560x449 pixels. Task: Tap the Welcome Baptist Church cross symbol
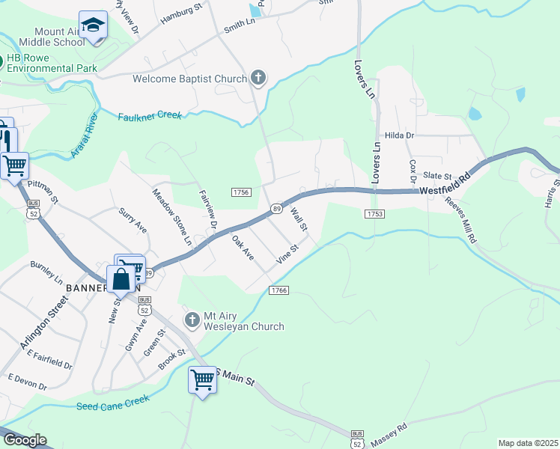(258, 78)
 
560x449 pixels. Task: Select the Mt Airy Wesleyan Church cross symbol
(192, 320)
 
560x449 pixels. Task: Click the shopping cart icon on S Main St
(202, 379)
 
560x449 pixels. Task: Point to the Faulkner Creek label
(150, 117)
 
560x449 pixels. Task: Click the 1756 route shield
(240, 192)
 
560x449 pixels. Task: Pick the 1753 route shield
(375, 214)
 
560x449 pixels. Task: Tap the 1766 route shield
(279, 290)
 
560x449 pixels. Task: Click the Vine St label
(288, 253)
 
